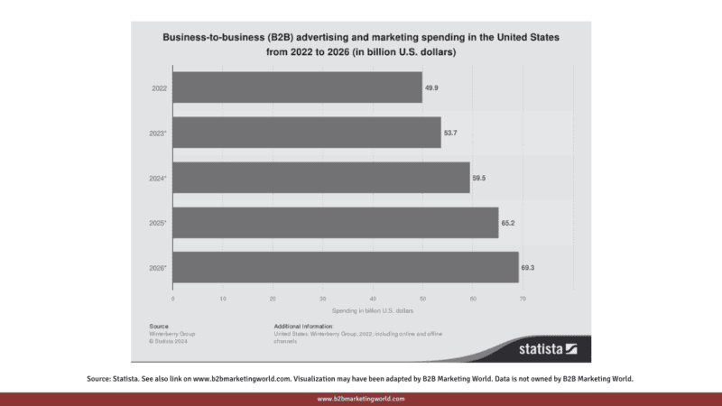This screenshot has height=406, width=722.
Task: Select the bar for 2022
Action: [297, 87]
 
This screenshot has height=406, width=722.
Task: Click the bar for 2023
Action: [307, 132]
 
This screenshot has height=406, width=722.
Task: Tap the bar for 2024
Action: [321, 177]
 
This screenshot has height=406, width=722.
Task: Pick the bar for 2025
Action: [335, 222]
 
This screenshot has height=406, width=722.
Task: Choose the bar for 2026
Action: [346, 267]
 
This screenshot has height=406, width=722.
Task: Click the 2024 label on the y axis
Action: [157, 178]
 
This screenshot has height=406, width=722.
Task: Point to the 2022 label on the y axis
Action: [156, 88]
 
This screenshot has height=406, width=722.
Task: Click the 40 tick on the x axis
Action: [373, 298]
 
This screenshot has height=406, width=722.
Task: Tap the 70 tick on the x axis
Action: [522, 298]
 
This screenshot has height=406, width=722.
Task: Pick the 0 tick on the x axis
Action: [172, 298]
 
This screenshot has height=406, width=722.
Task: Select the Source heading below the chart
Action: [158, 325]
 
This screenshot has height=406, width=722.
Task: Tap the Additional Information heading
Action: [303, 325]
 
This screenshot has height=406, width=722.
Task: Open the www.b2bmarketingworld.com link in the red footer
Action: [361, 398]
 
